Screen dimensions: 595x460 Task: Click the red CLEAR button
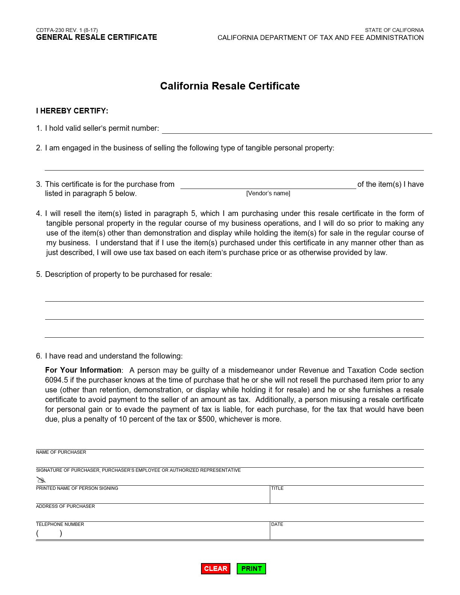click(215, 568)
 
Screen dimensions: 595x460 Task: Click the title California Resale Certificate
click(230, 86)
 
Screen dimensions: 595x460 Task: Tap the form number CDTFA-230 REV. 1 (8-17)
click(67, 30)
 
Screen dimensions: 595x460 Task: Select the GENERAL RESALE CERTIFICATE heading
click(97, 37)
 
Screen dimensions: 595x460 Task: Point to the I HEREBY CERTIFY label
click(72, 111)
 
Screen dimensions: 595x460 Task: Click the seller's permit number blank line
click(297, 129)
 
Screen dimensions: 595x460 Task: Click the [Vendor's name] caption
click(268, 193)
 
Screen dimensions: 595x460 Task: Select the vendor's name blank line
click(268, 184)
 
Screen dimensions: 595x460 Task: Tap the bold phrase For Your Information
click(83, 370)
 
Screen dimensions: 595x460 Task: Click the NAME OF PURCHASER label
click(61, 452)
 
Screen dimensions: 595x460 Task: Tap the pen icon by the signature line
click(41, 480)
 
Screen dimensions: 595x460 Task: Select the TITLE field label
click(277, 488)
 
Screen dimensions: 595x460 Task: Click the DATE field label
click(277, 524)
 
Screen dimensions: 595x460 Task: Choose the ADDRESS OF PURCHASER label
click(65, 506)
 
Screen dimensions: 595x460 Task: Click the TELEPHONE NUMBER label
click(60, 524)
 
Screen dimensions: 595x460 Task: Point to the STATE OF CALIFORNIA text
click(394, 30)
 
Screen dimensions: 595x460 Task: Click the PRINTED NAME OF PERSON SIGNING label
click(77, 488)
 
